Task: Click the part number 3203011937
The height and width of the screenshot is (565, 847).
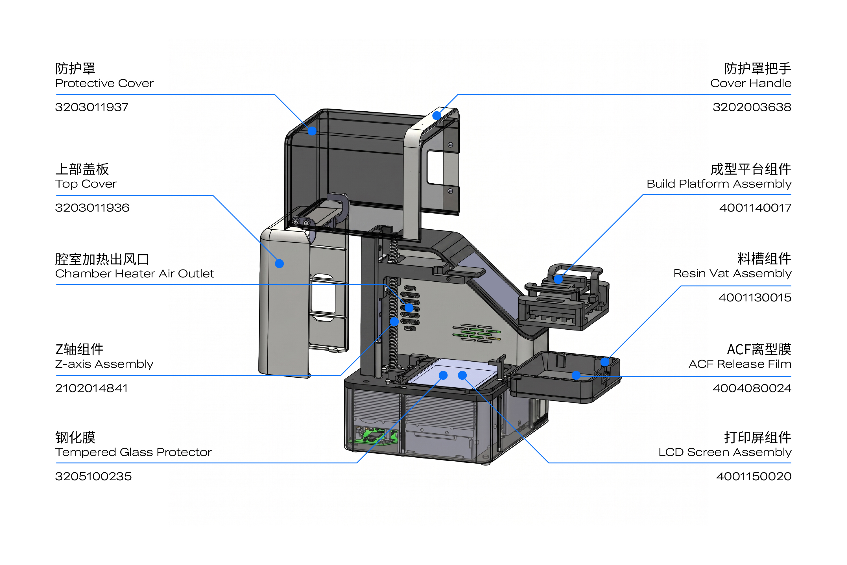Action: click(91, 107)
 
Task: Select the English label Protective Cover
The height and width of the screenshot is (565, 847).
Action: click(104, 83)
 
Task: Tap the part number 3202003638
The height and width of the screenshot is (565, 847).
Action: click(752, 107)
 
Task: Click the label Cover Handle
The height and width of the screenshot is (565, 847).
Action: click(751, 83)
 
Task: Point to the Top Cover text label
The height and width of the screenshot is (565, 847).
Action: click(86, 184)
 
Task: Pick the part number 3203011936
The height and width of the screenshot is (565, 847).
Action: click(92, 208)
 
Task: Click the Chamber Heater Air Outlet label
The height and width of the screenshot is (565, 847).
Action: click(135, 273)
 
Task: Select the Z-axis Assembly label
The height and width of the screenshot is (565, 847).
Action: click(104, 364)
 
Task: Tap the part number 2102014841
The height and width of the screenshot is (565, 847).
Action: click(91, 388)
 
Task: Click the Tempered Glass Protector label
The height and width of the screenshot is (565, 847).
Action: click(134, 452)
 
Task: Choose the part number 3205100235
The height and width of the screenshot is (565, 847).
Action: click(93, 476)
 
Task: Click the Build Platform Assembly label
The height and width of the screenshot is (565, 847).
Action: click(719, 184)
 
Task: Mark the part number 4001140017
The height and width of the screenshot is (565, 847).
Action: click(755, 208)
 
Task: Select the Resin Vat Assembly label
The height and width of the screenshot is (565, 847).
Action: click(732, 273)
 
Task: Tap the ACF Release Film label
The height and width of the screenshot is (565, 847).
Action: click(740, 364)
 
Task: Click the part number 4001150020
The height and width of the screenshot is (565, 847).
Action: click(754, 476)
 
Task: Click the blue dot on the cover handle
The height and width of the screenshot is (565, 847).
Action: click(437, 116)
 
